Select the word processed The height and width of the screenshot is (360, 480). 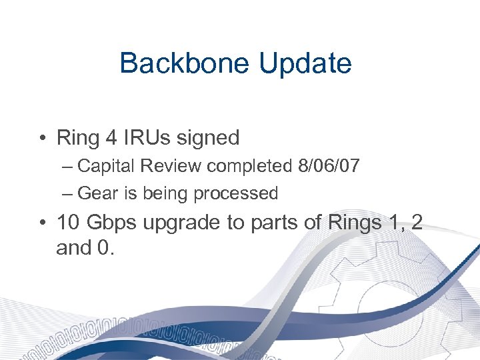(235, 193)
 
